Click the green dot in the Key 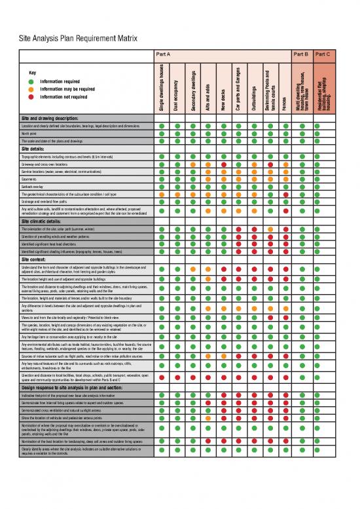coord(31,81)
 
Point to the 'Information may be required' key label coord(68,88)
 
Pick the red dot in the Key coord(31,96)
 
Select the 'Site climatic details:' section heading coord(49,221)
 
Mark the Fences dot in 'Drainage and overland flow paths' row coord(285,202)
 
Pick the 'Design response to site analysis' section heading coord(72,388)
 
